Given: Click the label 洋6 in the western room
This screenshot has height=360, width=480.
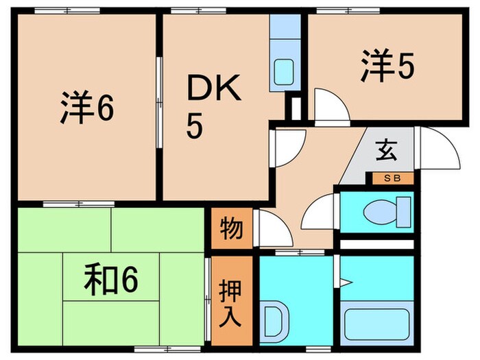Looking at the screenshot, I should [86, 110].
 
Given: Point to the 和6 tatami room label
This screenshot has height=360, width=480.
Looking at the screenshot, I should [112, 280].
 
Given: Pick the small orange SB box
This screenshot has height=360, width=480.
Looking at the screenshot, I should [394, 178].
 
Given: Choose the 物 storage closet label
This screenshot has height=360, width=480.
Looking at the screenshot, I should [231, 229].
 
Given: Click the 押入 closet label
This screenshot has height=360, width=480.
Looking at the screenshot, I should [230, 300].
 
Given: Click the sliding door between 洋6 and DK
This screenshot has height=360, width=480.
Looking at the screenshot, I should [159, 103].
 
